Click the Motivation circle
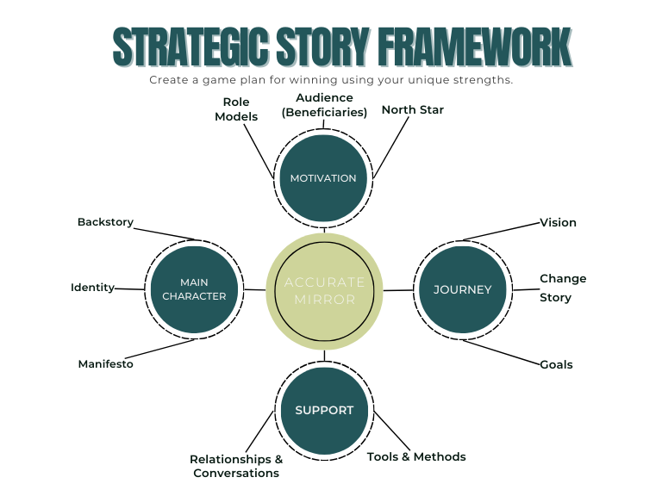(323, 178)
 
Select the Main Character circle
(194, 289)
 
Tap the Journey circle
(462, 289)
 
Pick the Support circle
(324, 411)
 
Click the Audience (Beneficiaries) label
(324, 105)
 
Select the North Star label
(412, 110)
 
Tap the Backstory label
(105, 222)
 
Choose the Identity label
(92, 288)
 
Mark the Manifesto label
(105, 364)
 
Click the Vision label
(558, 222)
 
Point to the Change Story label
(563, 288)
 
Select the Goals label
(556, 364)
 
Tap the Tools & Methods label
(416, 457)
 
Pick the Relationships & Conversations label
(236, 466)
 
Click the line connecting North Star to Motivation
(390, 147)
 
